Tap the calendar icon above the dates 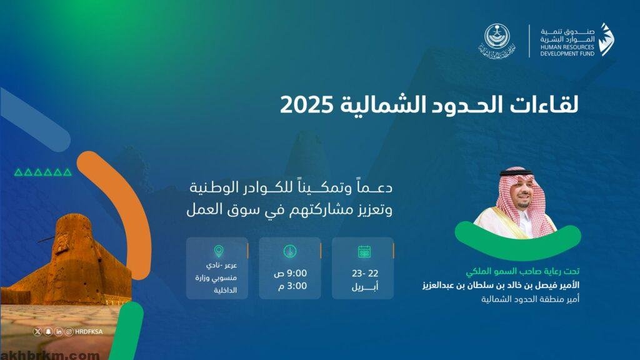pos(364,251)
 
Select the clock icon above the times pos(290,251)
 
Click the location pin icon pos(219,251)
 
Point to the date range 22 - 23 pos(365,273)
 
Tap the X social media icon pos(37,331)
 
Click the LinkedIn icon pos(59,331)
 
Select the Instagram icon pos(69,331)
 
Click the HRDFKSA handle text pos(89,332)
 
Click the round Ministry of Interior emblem pos(497,36)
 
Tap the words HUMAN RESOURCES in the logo pos(567,47)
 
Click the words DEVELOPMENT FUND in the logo pos(567,54)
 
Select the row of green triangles pos(43,172)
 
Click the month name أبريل pos(365,286)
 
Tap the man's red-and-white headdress pos(521,196)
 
